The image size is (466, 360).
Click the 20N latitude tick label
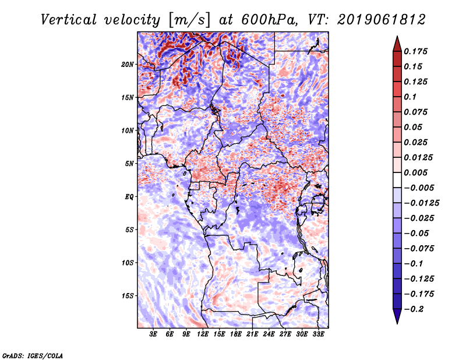coord(128,64)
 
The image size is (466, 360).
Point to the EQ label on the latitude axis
coord(129,197)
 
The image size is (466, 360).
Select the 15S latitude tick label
coord(128,296)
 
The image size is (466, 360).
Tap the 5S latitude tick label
coord(130,230)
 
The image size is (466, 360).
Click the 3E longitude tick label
coord(154,334)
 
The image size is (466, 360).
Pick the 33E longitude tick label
coord(318,334)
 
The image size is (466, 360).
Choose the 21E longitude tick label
coord(252,334)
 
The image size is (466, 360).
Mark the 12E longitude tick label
coord(203,334)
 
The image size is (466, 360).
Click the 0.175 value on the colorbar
coord(417,51)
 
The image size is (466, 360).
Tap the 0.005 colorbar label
coord(417,172)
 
